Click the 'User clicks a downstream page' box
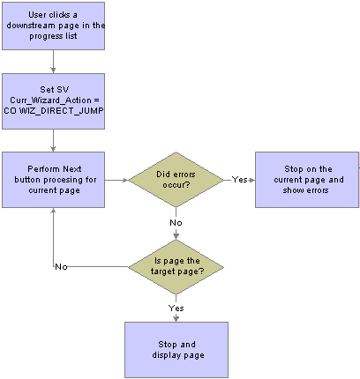point(53,26)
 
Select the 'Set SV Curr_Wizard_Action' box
point(53,101)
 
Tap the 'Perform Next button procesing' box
point(53,180)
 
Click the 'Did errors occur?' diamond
point(176,180)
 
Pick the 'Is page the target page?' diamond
point(176,267)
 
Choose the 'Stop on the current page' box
point(307,180)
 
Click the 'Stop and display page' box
point(176,350)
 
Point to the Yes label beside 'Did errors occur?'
point(239,180)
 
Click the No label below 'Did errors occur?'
point(176,223)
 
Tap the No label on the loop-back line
point(61,267)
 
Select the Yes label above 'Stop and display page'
point(176,308)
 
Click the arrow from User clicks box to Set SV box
point(53,62)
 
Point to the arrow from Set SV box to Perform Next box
point(53,140)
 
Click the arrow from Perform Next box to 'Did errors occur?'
point(116,180)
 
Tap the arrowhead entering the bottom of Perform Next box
point(53,210)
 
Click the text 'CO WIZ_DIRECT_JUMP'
point(54,111)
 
